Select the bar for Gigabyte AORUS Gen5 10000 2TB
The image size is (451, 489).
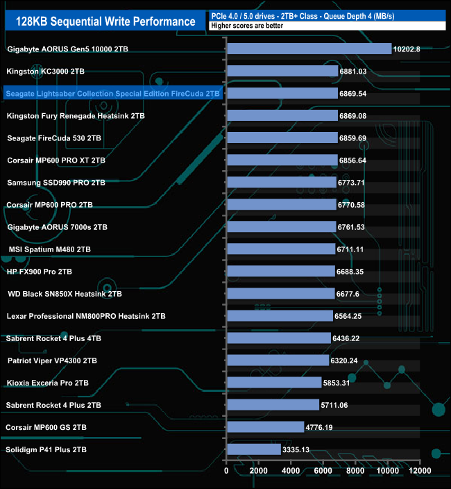coord(309,49)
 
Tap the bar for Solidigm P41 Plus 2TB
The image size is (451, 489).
coord(253,449)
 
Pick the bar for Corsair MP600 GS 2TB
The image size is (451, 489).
coord(265,427)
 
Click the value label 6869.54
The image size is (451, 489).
coord(352,93)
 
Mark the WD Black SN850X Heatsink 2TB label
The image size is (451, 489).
coord(65,294)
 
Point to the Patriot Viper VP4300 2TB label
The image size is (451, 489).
coord(52,360)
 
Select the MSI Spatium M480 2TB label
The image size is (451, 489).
coord(49,249)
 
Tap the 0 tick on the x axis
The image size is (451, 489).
coord(226,471)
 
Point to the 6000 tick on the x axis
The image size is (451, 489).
coord(323,471)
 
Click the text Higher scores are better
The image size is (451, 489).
coord(240,26)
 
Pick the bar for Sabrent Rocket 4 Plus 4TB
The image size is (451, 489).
coord(278,338)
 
